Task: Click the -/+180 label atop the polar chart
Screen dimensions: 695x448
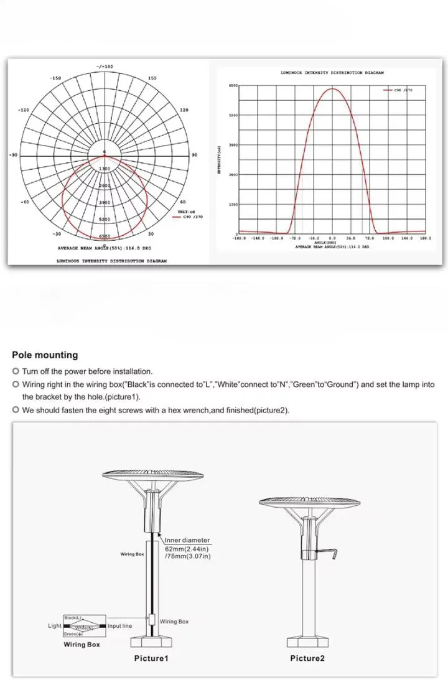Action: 105,66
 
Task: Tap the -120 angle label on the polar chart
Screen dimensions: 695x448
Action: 23,110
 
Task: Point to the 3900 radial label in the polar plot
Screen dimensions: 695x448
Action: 105,203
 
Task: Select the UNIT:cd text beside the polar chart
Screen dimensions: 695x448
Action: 186,212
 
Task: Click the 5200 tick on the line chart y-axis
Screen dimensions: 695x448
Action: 233,115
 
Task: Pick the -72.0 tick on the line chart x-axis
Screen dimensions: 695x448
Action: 296,238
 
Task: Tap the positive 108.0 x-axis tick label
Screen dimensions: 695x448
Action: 388,238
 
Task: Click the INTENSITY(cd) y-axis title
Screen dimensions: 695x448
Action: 219,160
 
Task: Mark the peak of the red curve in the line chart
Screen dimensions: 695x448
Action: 332,88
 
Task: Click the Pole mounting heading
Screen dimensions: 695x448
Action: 45,355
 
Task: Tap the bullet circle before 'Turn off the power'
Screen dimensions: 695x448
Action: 16,371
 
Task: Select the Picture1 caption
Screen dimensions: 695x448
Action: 151,658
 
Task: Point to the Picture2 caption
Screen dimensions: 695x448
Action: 307,658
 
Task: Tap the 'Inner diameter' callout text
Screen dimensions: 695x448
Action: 187,541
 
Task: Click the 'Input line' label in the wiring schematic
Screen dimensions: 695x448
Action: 119,626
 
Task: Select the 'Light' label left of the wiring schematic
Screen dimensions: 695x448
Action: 55,626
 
